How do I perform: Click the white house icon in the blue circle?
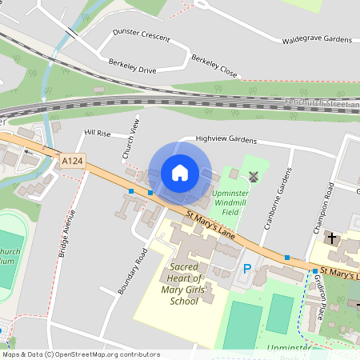180,172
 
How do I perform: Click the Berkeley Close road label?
214,66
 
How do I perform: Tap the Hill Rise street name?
98,133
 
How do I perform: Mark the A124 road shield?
71,162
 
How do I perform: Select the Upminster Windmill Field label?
235,203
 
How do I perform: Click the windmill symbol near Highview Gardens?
254,176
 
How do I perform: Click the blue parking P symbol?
247,270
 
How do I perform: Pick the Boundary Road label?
134,270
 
